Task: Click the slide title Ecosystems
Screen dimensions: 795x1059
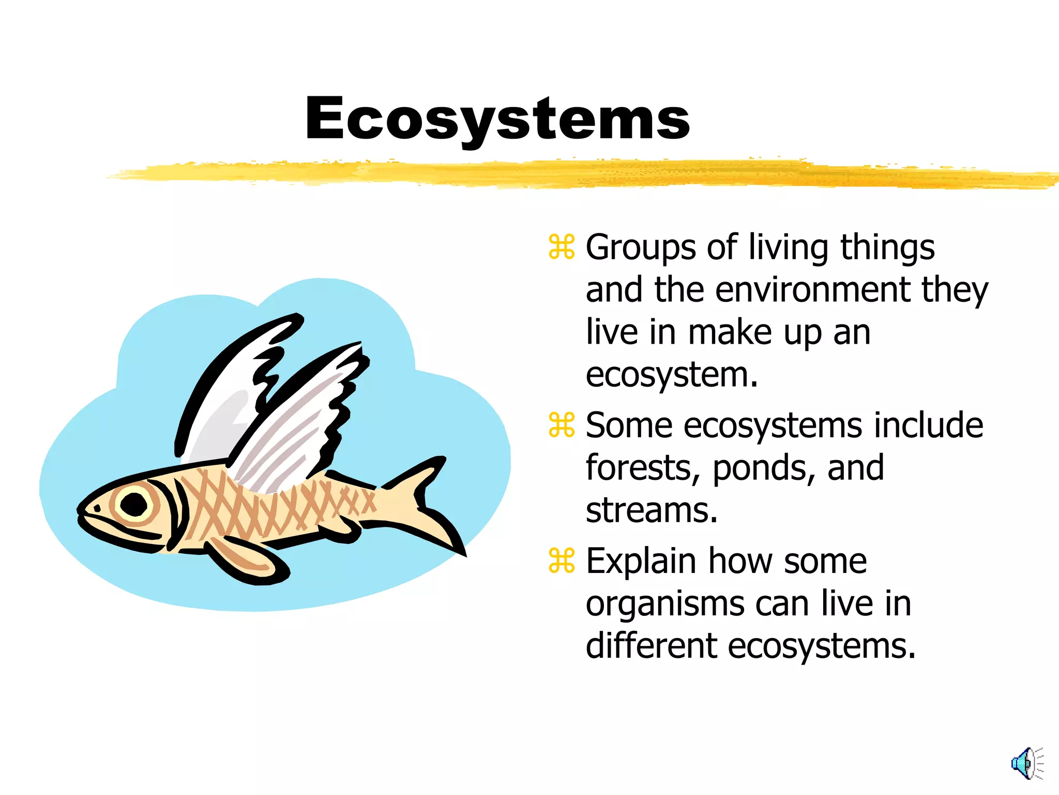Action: (x=497, y=119)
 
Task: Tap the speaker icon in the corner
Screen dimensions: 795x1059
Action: (x=1026, y=763)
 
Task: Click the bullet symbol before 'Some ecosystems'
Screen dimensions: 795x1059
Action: (x=562, y=425)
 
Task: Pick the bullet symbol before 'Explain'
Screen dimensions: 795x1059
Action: (x=562, y=561)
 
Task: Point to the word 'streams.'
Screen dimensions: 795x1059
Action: (x=652, y=510)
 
